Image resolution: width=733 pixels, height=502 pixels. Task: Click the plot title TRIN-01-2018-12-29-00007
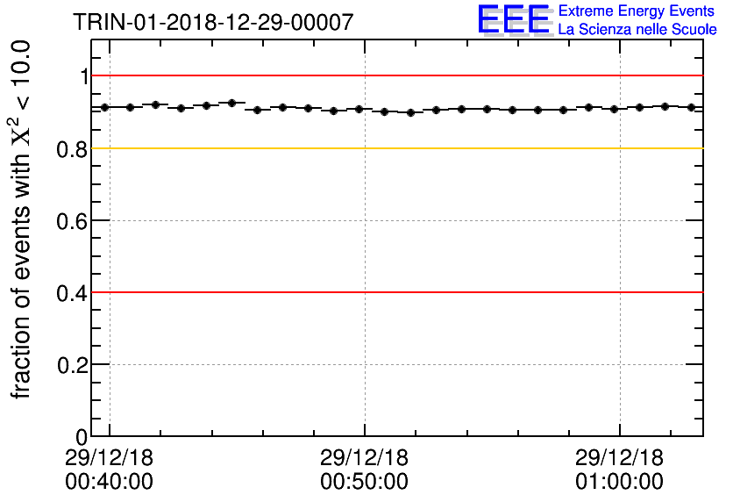(x=213, y=23)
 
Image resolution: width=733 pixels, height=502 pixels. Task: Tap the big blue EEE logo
(x=514, y=20)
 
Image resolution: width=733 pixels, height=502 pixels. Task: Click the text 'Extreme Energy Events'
(x=637, y=11)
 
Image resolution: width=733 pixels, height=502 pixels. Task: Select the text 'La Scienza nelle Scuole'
(x=637, y=30)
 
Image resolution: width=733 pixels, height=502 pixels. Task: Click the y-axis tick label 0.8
(x=73, y=149)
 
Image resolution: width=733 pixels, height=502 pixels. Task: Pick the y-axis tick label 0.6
(x=73, y=220)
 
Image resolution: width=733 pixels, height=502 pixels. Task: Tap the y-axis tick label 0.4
(x=73, y=292)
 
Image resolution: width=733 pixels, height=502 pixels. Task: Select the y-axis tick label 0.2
(x=73, y=364)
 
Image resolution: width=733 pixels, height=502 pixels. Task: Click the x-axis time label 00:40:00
(x=109, y=482)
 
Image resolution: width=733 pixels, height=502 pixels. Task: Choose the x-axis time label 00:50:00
(x=364, y=482)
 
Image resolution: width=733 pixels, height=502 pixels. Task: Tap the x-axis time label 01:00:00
(x=619, y=482)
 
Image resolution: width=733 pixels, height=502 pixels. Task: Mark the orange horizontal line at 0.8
(x=395, y=148)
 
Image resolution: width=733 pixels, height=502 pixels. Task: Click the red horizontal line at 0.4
(x=395, y=292)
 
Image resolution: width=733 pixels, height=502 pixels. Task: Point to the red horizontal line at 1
(x=395, y=76)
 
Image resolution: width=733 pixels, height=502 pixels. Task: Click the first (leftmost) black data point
(x=104, y=107)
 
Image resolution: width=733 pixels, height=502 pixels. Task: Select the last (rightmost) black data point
(x=691, y=107)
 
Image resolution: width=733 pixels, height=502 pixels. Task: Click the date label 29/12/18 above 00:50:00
(x=364, y=457)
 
